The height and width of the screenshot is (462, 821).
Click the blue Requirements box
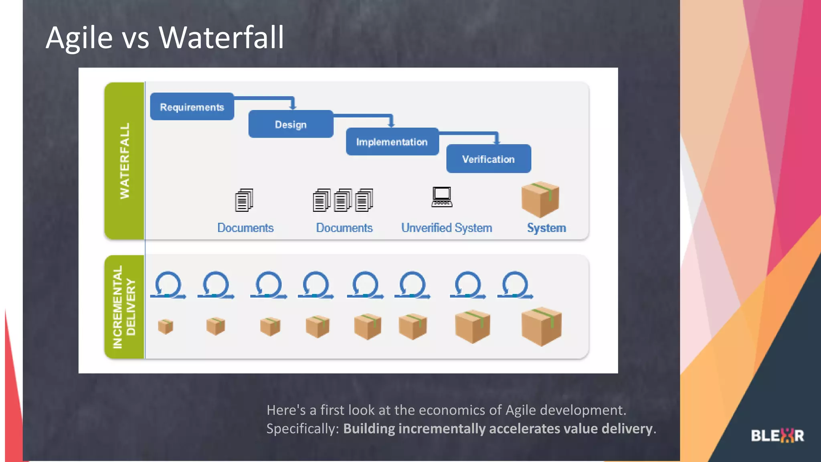click(192, 107)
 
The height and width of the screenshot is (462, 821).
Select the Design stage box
click(291, 124)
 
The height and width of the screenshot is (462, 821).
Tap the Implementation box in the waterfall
click(392, 142)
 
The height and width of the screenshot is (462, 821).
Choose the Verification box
click(488, 159)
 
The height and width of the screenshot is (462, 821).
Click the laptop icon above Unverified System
click(442, 197)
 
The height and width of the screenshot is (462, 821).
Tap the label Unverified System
click(447, 228)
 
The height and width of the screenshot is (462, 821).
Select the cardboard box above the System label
click(540, 199)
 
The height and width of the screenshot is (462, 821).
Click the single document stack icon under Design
click(244, 200)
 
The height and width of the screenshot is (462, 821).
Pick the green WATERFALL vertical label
click(125, 160)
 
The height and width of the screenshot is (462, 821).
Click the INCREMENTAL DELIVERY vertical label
click(124, 307)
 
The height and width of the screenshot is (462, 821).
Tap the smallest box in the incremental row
click(165, 326)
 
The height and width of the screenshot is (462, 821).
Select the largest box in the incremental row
click(541, 326)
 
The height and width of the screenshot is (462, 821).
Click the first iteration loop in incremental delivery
click(168, 285)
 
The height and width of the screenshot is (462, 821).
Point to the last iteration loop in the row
click(515, 285)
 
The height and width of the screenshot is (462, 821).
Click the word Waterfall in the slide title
click(221, 37)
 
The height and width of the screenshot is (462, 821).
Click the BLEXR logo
click(777, 436)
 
